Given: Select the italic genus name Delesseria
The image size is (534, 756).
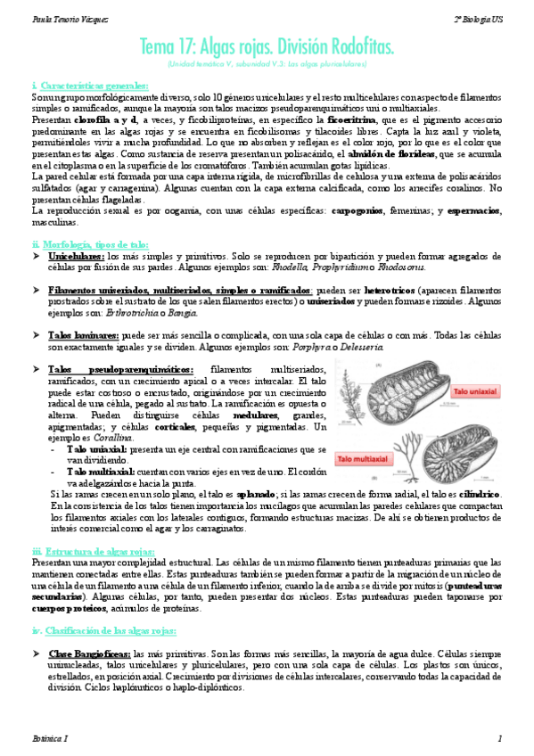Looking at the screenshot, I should tap(359, 345).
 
